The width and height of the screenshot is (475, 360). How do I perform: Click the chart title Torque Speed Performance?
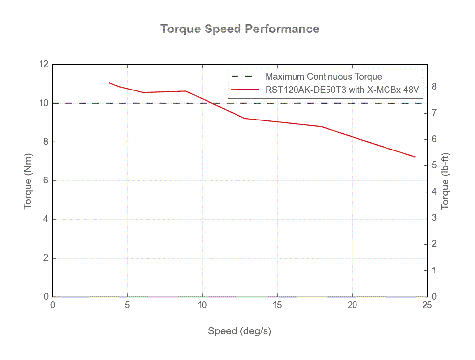coord(240,29)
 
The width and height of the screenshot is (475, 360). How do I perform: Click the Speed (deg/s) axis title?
coord(239,331)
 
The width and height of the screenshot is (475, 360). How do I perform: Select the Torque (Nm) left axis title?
coord(28,180)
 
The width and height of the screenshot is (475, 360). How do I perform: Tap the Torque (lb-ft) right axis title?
coord(445,180)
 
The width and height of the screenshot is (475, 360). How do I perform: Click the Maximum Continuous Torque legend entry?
coord(324,77)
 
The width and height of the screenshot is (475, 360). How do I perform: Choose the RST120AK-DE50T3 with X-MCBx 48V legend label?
coord(342,90)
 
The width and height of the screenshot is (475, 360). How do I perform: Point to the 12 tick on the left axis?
coord(44,64)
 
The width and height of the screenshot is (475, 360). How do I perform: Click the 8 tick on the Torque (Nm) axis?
coord(46,142)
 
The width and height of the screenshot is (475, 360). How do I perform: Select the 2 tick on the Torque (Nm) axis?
coord(46,258)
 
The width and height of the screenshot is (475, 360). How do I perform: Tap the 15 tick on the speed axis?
coord(277,305)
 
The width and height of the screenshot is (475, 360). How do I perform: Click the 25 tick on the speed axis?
coord(427,305)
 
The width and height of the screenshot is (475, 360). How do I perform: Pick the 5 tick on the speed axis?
coord(127,305)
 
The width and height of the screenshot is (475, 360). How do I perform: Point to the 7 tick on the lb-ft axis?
coord(434,113)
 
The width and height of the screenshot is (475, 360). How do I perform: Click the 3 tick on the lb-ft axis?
coord(434,218)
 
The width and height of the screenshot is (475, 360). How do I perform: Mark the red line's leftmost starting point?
coord(109,83)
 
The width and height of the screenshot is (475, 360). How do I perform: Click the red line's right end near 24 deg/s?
coord(415,157)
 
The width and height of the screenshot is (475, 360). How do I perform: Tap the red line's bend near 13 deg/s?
coord(245,118)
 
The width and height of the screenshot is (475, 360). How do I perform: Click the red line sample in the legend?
coord(244,90)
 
